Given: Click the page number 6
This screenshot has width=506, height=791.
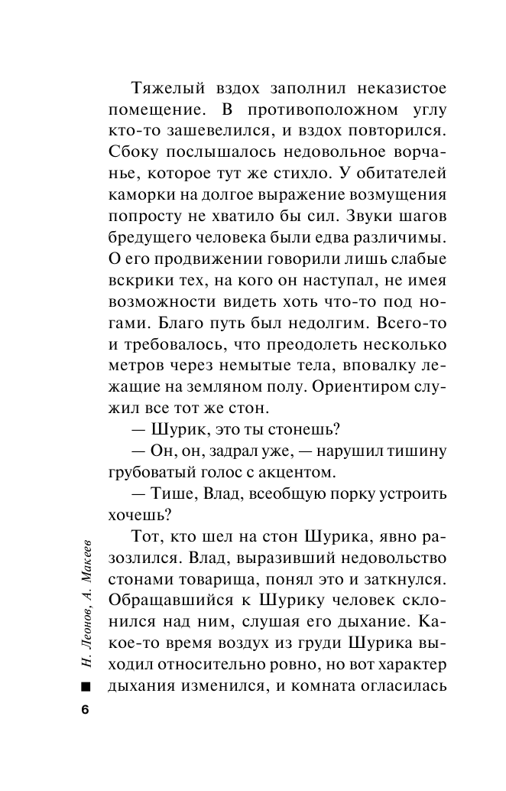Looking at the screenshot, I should tap(85, 708).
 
